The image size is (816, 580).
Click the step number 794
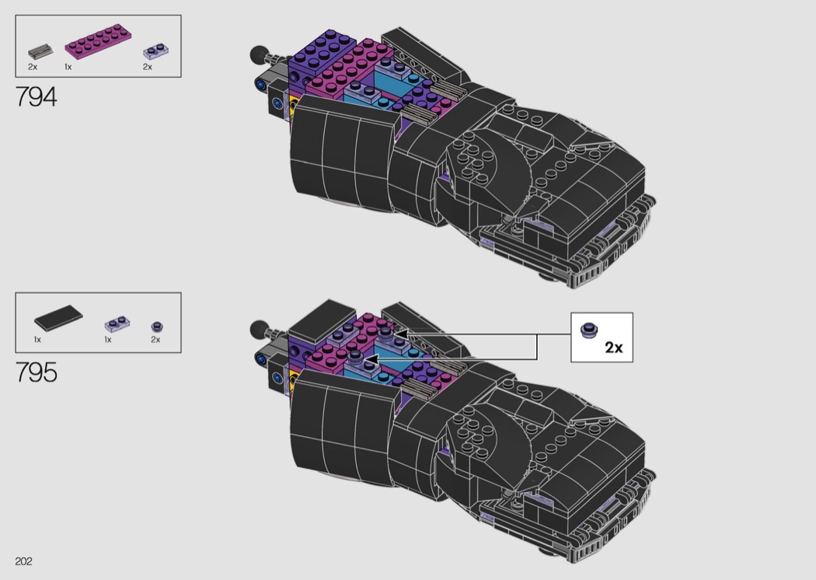tap(37, 97)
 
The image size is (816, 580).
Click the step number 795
tap(37, 372)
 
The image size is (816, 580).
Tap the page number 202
tap(23, 561)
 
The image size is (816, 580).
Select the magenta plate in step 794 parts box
tap(98, 44)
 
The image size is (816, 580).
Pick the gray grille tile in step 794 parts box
tap(40, 52)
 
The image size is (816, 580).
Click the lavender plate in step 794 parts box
tap(155, 52)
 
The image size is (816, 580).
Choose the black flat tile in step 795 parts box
tap(58, 317)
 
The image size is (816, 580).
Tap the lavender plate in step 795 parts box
tap(117, 324)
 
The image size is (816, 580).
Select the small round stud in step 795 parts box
tap(157, 327)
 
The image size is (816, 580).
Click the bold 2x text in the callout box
tap(614, 348)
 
